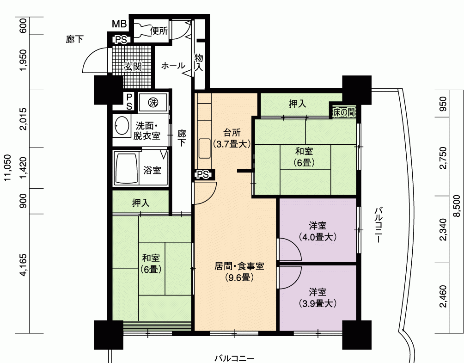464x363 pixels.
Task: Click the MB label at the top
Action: (x=119, y=24)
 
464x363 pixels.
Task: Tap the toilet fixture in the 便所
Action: (x=141, y=30)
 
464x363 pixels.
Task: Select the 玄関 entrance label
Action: (x=133, y=67)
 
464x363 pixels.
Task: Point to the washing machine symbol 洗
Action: (x=153, y=103)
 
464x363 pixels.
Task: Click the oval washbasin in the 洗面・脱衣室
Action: (x=122, y=125)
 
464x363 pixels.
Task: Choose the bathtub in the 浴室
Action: (x=126, y=168)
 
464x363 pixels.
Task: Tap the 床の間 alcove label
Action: (x=343, y=112)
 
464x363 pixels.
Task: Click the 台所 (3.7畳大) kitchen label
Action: (x=232, y=138)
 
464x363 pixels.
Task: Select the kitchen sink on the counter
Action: (x=204, y=148)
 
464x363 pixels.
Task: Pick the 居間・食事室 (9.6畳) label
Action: (x=239, y=272)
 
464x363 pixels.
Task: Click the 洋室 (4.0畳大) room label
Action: (x=317, y=231)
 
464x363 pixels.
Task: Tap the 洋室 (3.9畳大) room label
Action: (x=317, y=297)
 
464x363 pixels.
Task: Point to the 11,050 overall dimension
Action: (x=8, y=167)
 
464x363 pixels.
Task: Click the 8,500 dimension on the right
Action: (x=458, y=206)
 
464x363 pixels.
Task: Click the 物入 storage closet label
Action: (x=199, y=62)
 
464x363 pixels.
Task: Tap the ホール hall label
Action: (x=173, y=66)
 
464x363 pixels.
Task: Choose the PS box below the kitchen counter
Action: (x=203, y=174)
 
